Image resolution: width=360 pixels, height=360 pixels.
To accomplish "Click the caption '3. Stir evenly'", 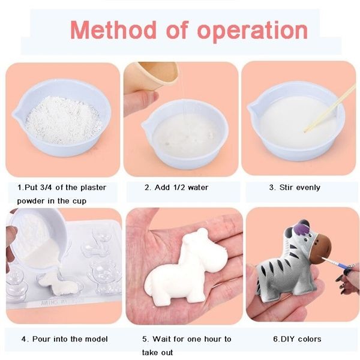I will click(x=295, y=187).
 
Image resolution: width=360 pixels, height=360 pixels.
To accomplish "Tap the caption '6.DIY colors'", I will click(x=298, y=339).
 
